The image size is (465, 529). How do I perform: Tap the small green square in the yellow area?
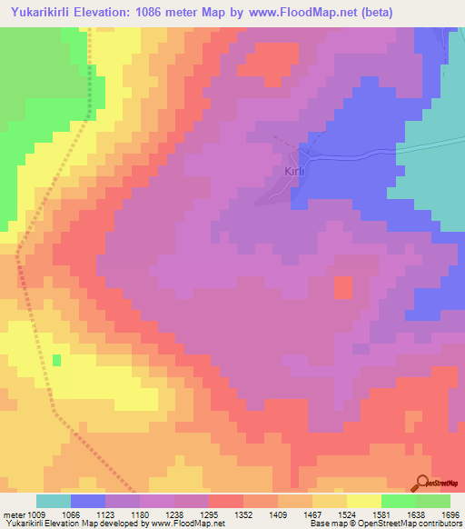point(56,361)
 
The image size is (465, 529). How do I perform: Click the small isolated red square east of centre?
point(343,287)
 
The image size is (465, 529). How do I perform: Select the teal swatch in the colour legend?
point(54,501)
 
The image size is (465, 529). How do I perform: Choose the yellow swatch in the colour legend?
point(363,501)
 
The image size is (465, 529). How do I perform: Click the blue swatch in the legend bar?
point(88,501)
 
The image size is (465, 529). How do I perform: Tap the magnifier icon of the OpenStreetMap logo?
point(422,483)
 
